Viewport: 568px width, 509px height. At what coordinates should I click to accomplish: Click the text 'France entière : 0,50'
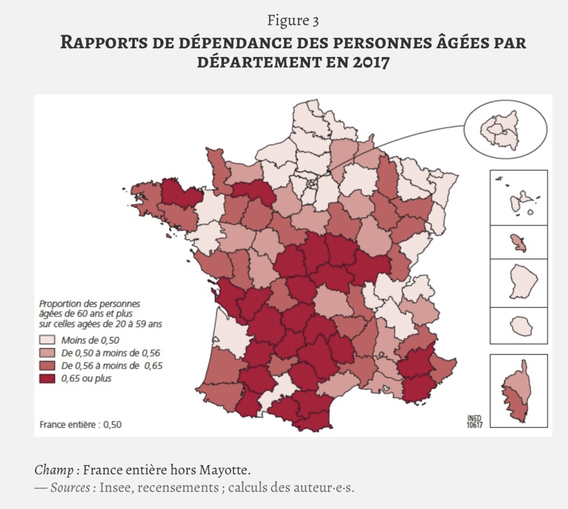(80, 425)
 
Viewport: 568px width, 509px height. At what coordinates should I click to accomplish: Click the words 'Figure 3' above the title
(293, 21)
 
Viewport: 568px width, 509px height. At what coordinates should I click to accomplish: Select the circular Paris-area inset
(505, 130)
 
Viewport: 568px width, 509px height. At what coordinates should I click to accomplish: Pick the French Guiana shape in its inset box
(520, 282)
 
